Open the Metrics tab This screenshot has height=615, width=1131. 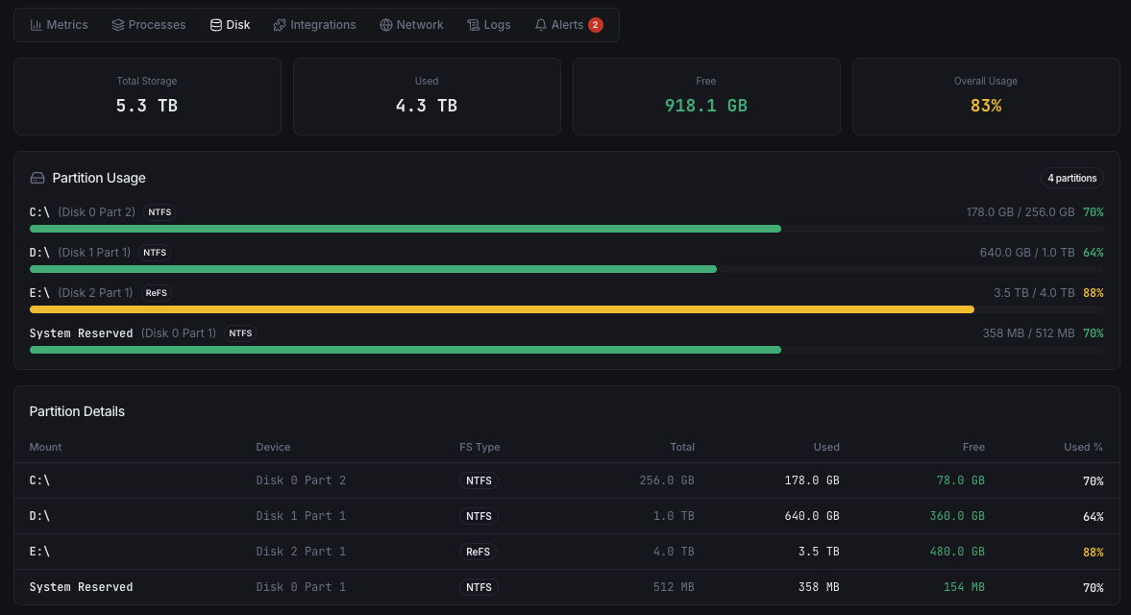[59, 25]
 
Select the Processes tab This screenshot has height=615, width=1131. [148, 25]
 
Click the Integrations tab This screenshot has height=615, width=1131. [314, 25]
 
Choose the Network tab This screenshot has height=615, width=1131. [411, 25]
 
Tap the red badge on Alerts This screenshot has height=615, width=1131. [596, 25]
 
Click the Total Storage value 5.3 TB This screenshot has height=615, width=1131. [147, 106]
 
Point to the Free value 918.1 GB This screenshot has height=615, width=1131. [706, 106]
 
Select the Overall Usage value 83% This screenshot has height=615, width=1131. [986, 106]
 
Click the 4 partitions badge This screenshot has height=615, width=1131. [1071, 178]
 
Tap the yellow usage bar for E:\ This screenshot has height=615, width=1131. [502, 309]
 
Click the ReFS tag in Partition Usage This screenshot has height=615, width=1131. [156, 293]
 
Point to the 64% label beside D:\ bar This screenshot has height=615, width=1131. [1094, 253]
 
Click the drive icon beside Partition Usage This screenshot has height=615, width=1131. [37, 178]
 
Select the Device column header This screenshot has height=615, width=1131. [273, 447]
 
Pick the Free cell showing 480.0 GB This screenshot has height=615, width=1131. [957, 552]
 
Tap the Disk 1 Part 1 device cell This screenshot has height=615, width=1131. [301, 516]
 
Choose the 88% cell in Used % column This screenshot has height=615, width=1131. [1094, 552]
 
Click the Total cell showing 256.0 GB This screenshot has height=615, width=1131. [667, 480]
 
